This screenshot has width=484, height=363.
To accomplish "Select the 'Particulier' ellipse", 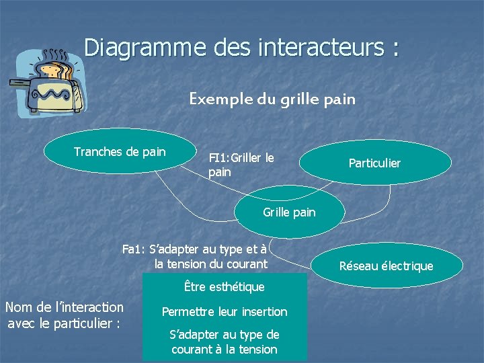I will pyautogui.click(x=375, y=163).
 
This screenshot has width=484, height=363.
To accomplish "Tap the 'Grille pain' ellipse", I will pyautogui.click(x=289, y=212).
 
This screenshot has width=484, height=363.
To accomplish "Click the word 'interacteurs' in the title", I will pyautogui.click(x=319, y=48).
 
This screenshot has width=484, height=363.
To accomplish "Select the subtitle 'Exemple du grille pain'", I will pyautogui.click(x=272, y=99).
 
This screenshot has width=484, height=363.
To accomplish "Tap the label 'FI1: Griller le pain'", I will pyautogui.click(x=241, y=165).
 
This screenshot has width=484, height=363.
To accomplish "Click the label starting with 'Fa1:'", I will pyautogui.click(x=195, y=256).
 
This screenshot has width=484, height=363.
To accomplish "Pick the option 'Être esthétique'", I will pyautogui.click(x=225, y=287).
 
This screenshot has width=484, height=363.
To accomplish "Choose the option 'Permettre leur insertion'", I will pyautogui.click(x=225, y=312).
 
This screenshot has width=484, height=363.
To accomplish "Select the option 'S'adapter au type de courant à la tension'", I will pyautogui.click(x=225, y=341).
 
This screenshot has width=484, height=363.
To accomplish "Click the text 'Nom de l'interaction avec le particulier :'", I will pyautogui.click(x=64, y=315).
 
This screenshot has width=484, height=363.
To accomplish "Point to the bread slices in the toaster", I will pyautogui.click(x=56, y=67).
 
